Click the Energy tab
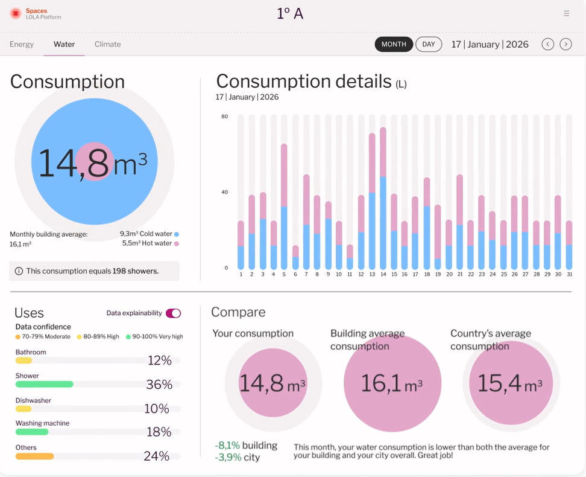(x=22, y=44)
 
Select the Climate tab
(x=108, y=44)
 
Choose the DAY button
(x=429, y=44)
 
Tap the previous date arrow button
(x=547, y=44)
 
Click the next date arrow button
(x=566, y=44)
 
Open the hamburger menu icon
(x=566, y=13)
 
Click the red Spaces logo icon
(x=16, y=13)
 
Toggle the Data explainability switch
(x=173, y=313)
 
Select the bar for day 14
(x=383, y=199)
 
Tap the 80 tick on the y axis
(x=224, y=117)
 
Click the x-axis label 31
(x=569, y=274)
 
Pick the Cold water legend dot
(x=177, y=234)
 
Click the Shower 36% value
(x=159, y=385)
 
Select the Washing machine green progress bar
(x=32, y=432)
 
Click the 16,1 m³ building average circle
(x=392, y=383)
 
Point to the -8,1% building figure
(x=246, y=446)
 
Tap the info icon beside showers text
(x=19, y=271)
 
